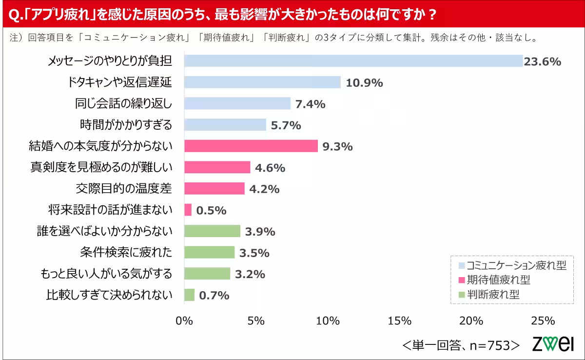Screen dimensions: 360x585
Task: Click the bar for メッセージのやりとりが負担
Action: pyautogui.click(x=353, y=61)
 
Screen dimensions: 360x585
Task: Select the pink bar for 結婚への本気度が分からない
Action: pyautogui.click(x=251, y=146)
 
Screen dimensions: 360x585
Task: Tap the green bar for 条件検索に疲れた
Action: pyautogui.click(x=209, y=252)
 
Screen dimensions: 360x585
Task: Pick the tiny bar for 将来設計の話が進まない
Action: pyautogui.click(x=188, y=210)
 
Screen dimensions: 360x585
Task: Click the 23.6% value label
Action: pyautogui.click(x=542, y=61)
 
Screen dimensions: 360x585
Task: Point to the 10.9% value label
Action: pyautogui.click(x=364, y=83)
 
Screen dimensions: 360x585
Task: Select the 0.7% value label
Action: pyautogui.click(x=214, y=295)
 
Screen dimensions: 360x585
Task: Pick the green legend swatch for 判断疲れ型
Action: pyautogui.click(x=462, y=295)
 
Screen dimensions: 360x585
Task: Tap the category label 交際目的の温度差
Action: pyautogui.click(x=124, y=188)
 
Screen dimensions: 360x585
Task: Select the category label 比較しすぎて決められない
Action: pyautogui.click(x=109, y=295)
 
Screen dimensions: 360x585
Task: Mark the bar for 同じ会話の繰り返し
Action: pyautogui.click(x=237, y=103)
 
